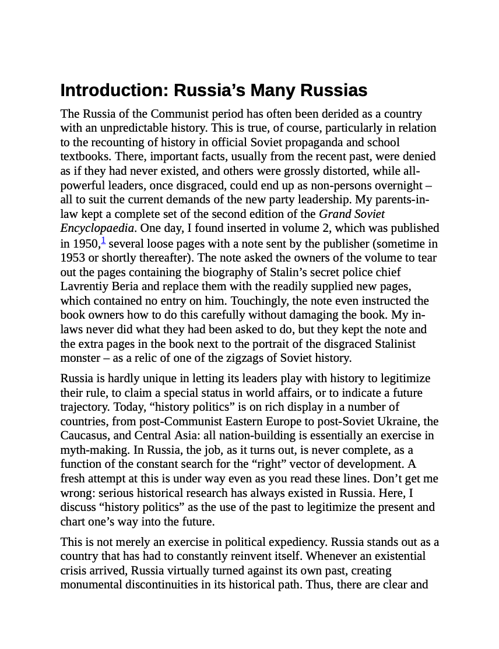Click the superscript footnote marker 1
[x=103, y=240]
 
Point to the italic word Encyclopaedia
[x=97, y=228]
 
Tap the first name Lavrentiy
[x=83, y=286]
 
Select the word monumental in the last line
[x=91, y=584]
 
